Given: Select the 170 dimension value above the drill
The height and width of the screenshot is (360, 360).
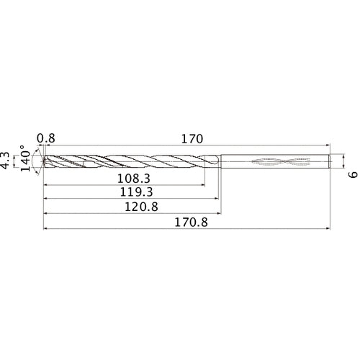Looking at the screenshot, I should tap(192, 138).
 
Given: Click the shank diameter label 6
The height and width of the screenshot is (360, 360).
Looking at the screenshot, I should tap(351, 175).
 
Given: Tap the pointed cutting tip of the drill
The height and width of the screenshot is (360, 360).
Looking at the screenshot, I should tap(44, 162).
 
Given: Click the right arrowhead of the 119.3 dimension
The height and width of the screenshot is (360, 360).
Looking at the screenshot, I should tap(215, 199).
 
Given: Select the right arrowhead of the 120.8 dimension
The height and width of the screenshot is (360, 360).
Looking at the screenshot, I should tap(219, 213).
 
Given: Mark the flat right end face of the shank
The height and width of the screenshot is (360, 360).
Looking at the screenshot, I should tap(330, 162).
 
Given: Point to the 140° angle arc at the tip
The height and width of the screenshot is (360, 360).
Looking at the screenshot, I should tap(34, 162).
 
